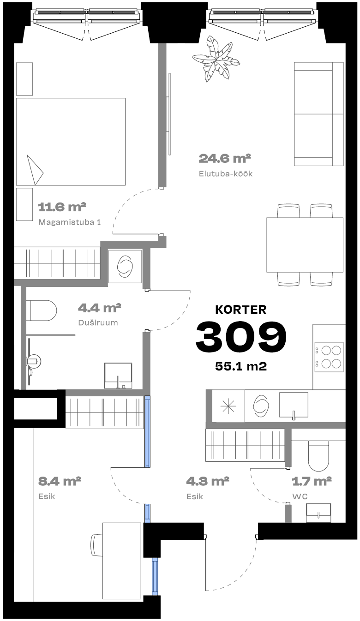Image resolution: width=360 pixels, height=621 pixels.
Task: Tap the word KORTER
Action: pos(241,310)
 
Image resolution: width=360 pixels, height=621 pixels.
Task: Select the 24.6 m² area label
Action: pos(225,158)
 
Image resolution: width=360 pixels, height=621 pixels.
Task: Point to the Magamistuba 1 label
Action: pos(69,222)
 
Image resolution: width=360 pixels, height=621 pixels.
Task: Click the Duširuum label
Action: pos(98,322)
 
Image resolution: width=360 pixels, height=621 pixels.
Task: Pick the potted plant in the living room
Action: pos(216,59)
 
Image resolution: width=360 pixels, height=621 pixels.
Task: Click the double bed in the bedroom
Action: pos(71,141)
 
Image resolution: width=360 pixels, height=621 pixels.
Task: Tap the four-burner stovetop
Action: pos(329,357)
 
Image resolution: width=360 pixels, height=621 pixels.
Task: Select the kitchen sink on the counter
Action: pos(294,406)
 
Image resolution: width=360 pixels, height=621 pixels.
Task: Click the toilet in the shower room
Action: pos(42,310)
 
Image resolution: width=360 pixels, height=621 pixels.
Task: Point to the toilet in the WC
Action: pos(318,456)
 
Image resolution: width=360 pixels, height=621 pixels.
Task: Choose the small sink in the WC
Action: pos(318,513)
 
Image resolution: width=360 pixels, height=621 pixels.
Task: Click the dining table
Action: pos(305,245)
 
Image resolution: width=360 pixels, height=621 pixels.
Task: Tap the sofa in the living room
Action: pos(318,114)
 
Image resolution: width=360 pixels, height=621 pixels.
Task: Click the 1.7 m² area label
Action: pos(312,481)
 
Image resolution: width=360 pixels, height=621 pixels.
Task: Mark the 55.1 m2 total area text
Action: pos(241,366)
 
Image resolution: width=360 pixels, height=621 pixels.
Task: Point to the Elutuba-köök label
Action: pos(226,173)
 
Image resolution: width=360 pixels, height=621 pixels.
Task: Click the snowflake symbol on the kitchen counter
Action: pos(228,406)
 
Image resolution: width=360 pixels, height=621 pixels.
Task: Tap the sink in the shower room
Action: pos(118,376)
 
